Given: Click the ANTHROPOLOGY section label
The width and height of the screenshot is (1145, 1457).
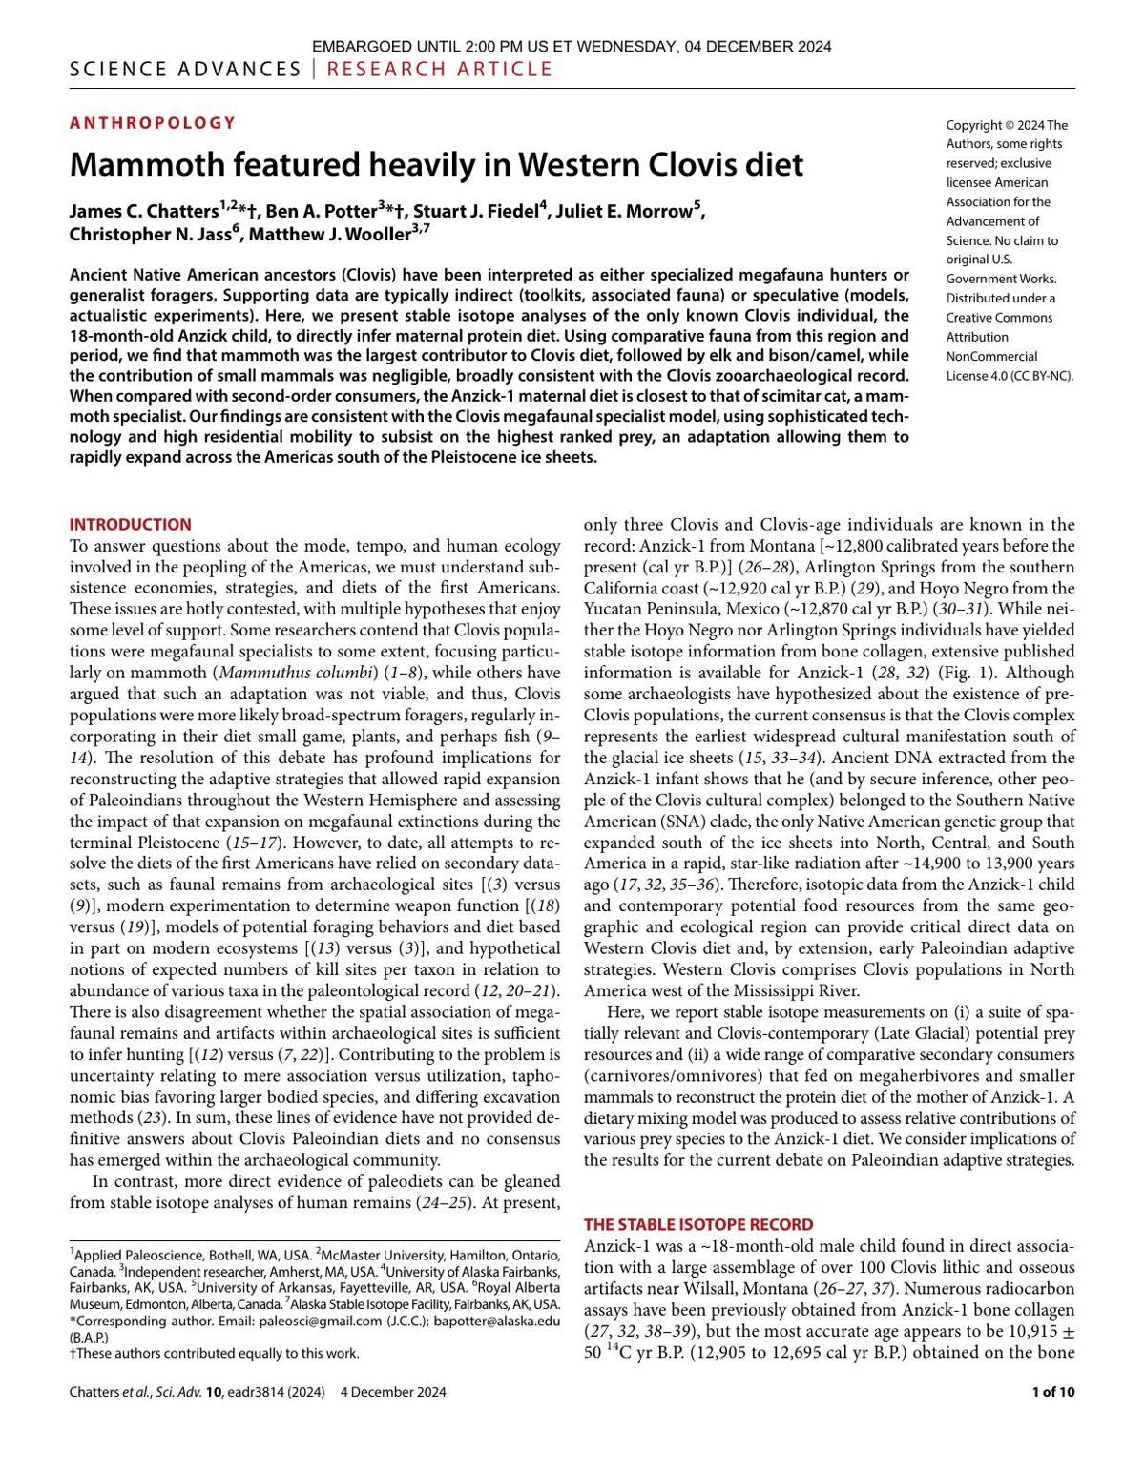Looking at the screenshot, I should (x=152, y=123).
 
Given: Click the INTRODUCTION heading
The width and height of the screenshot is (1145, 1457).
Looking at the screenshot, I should (x=130, y=524).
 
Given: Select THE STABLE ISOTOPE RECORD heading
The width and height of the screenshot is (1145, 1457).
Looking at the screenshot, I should (x=698, y=1224).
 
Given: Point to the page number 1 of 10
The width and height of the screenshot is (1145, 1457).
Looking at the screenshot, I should (x=1053, y=1392).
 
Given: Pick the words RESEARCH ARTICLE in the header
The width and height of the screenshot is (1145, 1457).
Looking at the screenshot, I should (x=440, y=69).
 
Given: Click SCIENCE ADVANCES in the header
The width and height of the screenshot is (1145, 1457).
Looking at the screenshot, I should (x=185, y=69).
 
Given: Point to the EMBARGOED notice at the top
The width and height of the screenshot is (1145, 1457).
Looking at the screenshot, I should (x=572, y=46).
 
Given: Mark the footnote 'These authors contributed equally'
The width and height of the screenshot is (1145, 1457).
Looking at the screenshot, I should (x=218, y=1353).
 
